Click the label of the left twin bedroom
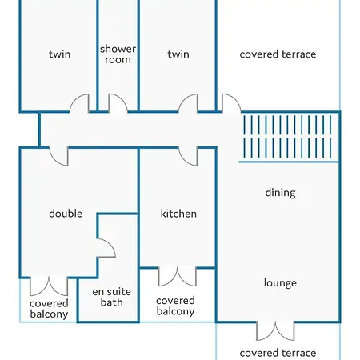coord(60,54)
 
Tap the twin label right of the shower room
coord(178,54)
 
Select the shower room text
coord(118,54)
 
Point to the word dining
coord(280,193)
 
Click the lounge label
coord(280,283)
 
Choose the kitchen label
coord(178,214)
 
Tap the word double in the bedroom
coord(66,214)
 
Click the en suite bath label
coord(112,297)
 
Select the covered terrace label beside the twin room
coord(278,54)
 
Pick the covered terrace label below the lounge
coord(278,353)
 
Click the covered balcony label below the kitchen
coord(175,306)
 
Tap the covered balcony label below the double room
coord(49,309)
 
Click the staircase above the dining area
coord(288,137)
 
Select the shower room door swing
coord(118,103)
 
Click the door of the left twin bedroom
coord(79,103)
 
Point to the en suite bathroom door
coord(106,248)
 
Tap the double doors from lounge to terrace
coord(275,331)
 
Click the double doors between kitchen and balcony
coord(178,277)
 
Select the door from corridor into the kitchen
coord(188,156)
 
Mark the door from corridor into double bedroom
coord(58,156)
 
